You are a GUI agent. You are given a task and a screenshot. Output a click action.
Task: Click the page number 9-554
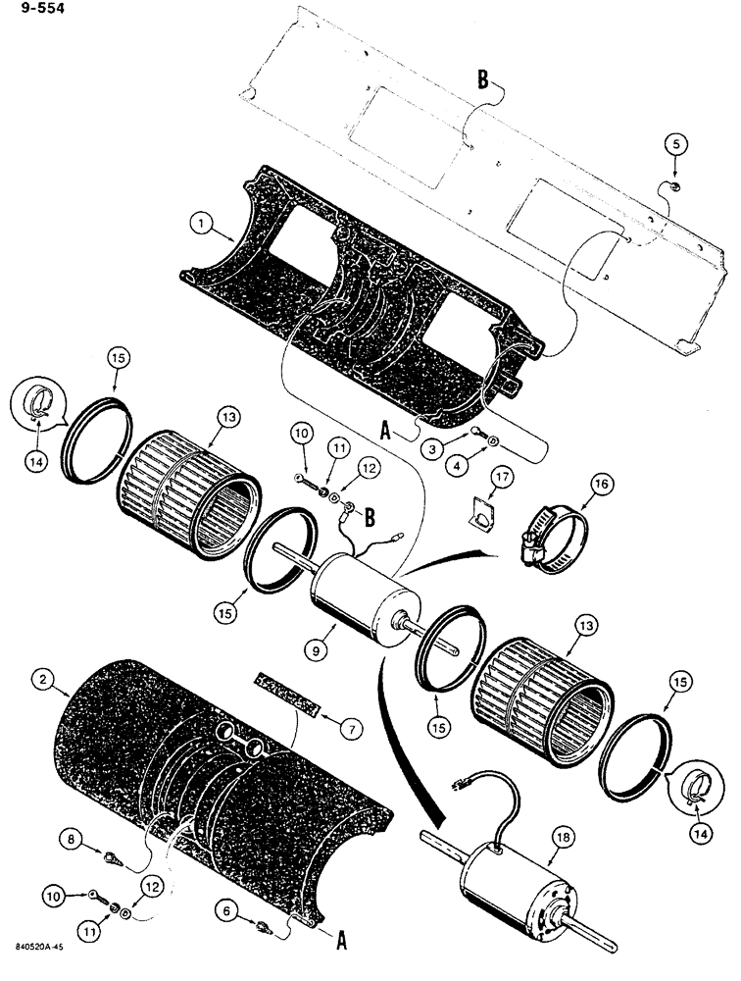pos(28,12)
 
